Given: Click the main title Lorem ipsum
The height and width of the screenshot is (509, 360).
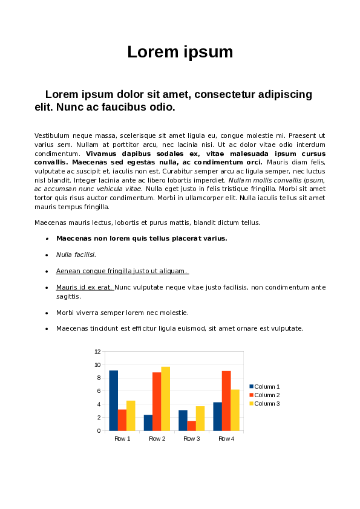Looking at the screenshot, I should (180, 52).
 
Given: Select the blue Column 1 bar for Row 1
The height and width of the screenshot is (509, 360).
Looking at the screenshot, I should (113, 400).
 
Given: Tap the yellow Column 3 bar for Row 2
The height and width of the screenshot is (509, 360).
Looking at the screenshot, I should (165, 398).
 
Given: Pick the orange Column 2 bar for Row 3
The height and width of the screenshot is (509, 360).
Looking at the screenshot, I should (191, 426).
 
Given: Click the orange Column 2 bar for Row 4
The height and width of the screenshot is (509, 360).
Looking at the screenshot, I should (226, 400).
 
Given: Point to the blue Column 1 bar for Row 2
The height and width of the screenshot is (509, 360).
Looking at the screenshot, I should (148, 423).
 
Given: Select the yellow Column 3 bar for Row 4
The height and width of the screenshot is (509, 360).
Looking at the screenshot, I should (235, 410).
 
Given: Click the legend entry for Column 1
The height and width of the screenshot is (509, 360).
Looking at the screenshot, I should (267, 386).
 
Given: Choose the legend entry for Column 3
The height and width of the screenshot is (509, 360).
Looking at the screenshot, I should (267, 403).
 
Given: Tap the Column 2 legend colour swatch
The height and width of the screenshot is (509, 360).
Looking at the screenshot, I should (252, 395).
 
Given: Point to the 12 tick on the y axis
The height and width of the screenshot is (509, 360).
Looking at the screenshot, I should (97, 351).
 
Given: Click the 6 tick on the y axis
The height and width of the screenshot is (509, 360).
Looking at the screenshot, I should (98, 391).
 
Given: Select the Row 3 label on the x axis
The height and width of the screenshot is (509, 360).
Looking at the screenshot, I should (191, 438).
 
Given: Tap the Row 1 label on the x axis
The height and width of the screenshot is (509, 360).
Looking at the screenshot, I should (122, 438).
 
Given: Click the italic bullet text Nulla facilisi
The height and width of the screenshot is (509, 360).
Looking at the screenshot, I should (76, 254).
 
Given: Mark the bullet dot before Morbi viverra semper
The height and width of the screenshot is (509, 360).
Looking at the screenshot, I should (47, 313).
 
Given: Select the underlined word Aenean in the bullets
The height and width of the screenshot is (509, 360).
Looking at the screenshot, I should (67, 271).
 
